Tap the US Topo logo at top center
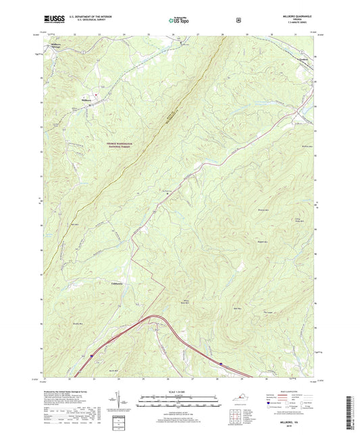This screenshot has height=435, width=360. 179,21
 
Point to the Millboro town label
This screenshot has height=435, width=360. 86,101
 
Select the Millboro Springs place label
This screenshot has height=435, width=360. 60,47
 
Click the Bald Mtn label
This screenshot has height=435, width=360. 257,308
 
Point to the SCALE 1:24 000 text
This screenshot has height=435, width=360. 179,383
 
